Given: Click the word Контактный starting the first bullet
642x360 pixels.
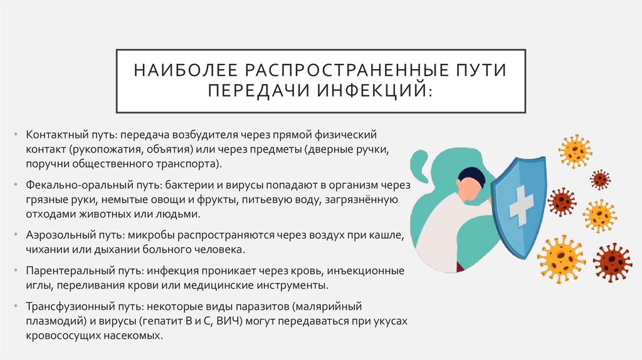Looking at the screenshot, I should (53, 135).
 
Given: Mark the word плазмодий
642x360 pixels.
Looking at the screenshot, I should (53, 322).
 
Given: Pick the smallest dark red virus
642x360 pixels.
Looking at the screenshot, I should (601, 179).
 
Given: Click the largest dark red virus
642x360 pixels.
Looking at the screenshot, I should (612, 262).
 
